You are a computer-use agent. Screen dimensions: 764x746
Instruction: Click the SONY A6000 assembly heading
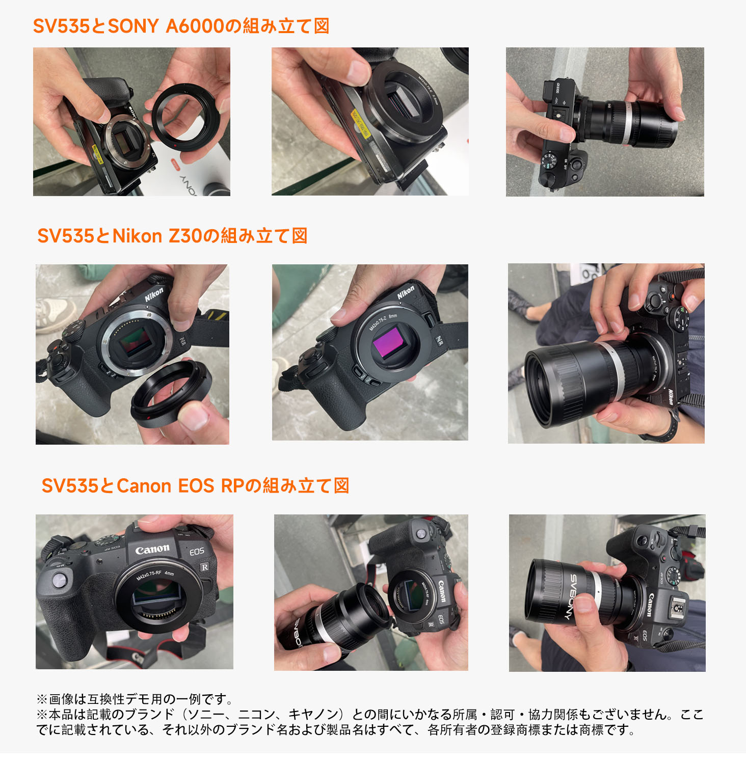[x=181, y=26]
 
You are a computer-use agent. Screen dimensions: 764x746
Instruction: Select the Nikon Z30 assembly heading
[x=172, y=236]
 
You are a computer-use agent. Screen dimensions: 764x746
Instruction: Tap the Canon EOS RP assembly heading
[x=195, y=486]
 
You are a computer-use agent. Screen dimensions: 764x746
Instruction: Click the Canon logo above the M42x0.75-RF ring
[x=152, y=550]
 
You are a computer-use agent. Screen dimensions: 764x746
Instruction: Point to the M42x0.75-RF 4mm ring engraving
[x=155, y=576]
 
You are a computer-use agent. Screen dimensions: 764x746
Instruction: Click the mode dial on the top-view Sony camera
[x=551, y=161]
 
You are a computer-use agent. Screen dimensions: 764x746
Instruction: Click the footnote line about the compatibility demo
[x=135, y=699]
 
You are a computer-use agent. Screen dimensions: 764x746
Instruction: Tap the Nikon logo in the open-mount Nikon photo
[x=154, y=294]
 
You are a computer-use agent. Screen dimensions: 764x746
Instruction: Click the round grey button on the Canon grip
[x=60, y=580]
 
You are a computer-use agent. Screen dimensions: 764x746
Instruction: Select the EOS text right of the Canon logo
[x=197, y=552]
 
